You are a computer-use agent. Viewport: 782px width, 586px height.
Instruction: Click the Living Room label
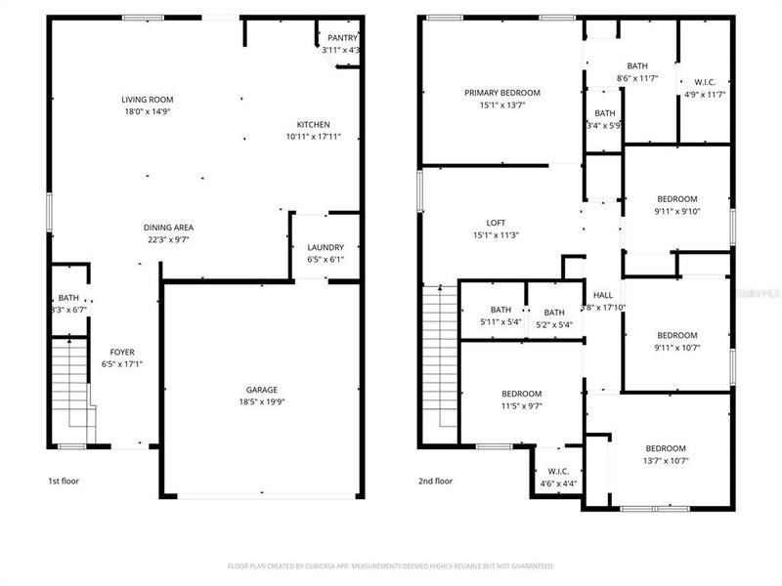click(x=146, y=100)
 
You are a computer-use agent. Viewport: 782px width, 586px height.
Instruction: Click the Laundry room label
click(x=325, y=247)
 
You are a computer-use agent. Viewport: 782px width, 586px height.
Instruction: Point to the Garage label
click(x=262, y=388)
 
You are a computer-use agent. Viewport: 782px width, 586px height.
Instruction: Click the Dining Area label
click(x=168, y=227)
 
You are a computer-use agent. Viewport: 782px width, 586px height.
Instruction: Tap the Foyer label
click(x=122, y=352)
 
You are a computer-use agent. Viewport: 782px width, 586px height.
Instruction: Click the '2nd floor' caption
click(x=436, y=481)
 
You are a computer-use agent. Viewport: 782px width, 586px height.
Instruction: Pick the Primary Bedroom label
click(x=501, y=93)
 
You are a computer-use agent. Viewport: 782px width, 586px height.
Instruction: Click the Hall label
click(x=603, y=295)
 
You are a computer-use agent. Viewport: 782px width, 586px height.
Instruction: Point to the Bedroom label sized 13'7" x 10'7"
click(x=665, y=448)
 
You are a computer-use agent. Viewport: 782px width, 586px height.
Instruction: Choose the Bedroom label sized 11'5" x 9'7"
click(x=521, y=394)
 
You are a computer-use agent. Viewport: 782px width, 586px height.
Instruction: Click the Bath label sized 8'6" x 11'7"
click(x=637, y=65)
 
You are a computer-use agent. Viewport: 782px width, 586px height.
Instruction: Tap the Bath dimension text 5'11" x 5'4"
click(x=500, y=322)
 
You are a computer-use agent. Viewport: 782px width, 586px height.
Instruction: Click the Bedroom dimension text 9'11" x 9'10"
click(x=677, y=211)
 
